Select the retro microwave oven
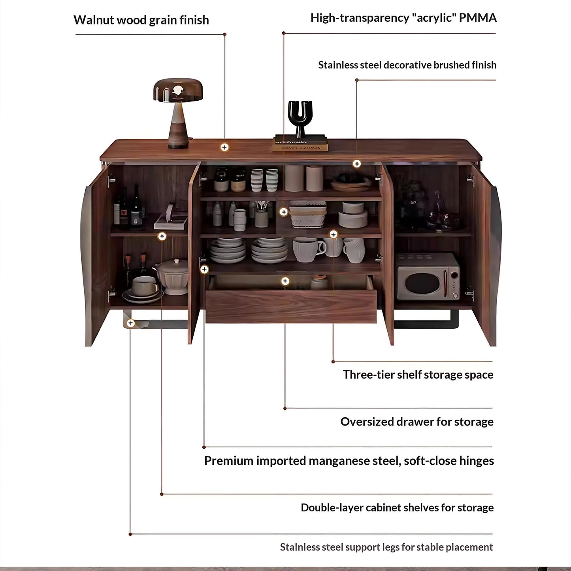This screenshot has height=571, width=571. click(428, 277)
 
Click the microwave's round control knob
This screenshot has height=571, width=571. click(454, 275)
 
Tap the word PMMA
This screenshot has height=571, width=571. click(478, 18)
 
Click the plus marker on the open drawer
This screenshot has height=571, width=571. click(285, 281)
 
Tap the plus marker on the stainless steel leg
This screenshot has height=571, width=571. click(131, 323)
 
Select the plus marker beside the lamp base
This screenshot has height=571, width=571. click(224, 147)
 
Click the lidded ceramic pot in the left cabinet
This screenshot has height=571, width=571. click(171, 277)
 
